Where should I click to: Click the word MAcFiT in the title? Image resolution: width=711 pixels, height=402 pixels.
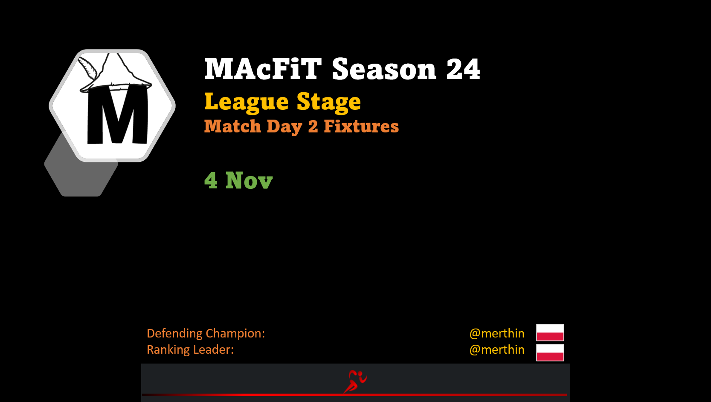(x=263, y=69)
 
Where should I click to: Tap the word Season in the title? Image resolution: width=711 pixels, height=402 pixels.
(x=384, y=69)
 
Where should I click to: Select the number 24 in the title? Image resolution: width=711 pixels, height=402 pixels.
(x=464, y=69)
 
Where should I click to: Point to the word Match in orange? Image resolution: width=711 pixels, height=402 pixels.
(x=232, y=126)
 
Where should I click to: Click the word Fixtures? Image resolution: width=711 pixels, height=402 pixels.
(x=361, y=126)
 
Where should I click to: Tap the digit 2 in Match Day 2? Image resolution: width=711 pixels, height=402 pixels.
(x=313, y=126)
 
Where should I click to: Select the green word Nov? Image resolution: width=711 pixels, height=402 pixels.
(x=249, y=180)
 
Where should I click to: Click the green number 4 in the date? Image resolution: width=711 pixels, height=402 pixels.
(x=211, y=180)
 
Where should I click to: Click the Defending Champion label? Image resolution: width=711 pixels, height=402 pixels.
(x=206, y=334)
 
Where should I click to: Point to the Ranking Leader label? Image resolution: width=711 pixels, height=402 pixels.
(x=190, y=350)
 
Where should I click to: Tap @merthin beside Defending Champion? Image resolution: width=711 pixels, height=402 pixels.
(x=497, y=334)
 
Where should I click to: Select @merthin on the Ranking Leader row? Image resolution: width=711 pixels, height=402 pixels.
(x=497, y=350)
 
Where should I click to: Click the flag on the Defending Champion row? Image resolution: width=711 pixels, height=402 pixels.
(x=550, y=332)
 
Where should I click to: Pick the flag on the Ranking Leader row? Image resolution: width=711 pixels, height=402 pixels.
(x=550, y=352)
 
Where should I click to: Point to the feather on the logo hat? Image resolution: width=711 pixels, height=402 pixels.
(x=88, y=68)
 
